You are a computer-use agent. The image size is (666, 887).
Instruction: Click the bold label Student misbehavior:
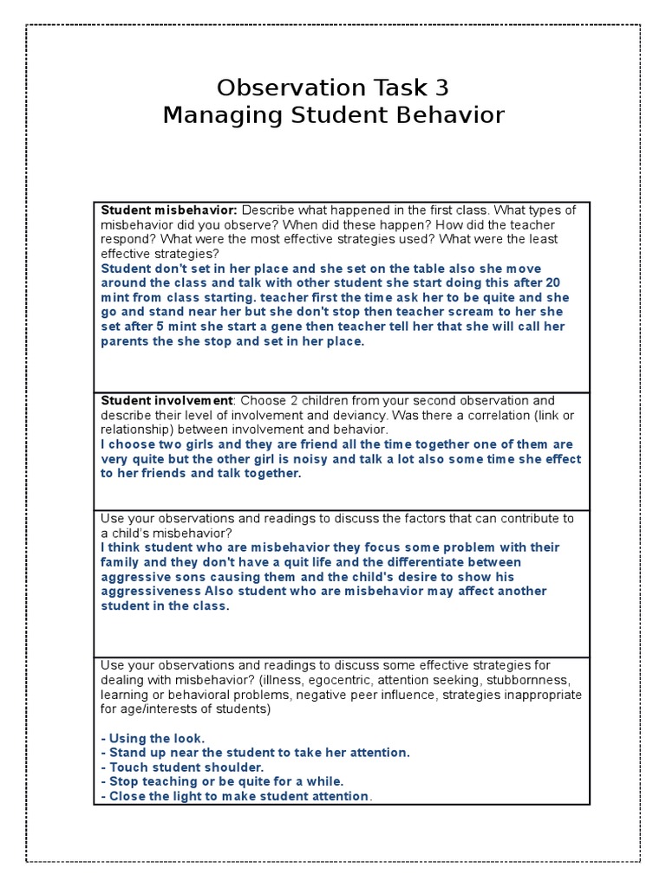[x=169, y=210]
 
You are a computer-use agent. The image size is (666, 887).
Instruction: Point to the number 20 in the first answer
[x=552, y=283]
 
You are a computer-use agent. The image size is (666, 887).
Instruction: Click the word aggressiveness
[x=151, y=592]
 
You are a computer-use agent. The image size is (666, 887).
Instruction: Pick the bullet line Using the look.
[x=153, y=738]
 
